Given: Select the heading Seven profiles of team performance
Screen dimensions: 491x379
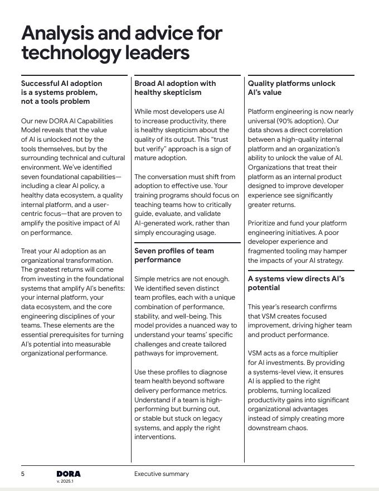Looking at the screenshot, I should point(174,256).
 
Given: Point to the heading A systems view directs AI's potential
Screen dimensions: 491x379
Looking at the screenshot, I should point(296,283).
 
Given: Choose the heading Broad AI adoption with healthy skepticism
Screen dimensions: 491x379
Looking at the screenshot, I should point(175,88).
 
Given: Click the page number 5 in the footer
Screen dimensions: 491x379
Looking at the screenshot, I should point(23,474).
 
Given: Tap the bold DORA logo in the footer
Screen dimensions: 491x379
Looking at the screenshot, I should point(69,474).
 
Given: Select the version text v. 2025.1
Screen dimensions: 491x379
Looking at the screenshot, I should point(65,481).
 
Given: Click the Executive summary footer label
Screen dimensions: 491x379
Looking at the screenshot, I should point(161,474).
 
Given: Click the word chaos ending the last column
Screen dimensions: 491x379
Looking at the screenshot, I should point(299,428).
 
